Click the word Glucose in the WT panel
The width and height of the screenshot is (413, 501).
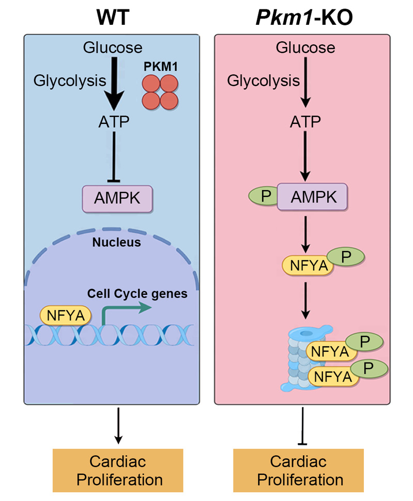click(112, 48)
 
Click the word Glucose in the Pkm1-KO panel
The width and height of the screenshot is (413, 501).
click(305, 48)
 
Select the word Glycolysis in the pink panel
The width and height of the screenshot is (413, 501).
click(264, 81)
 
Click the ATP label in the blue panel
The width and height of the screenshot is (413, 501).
click(113, 122)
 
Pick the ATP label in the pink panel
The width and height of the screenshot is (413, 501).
click(305, 122)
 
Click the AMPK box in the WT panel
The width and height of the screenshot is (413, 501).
click(117, 197)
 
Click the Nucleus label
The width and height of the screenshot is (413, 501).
click(116, 242)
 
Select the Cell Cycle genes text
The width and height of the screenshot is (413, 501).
click(137, 294)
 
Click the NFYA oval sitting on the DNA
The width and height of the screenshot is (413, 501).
click(66, 315)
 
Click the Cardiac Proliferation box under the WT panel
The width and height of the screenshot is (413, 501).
click(119, 470)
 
